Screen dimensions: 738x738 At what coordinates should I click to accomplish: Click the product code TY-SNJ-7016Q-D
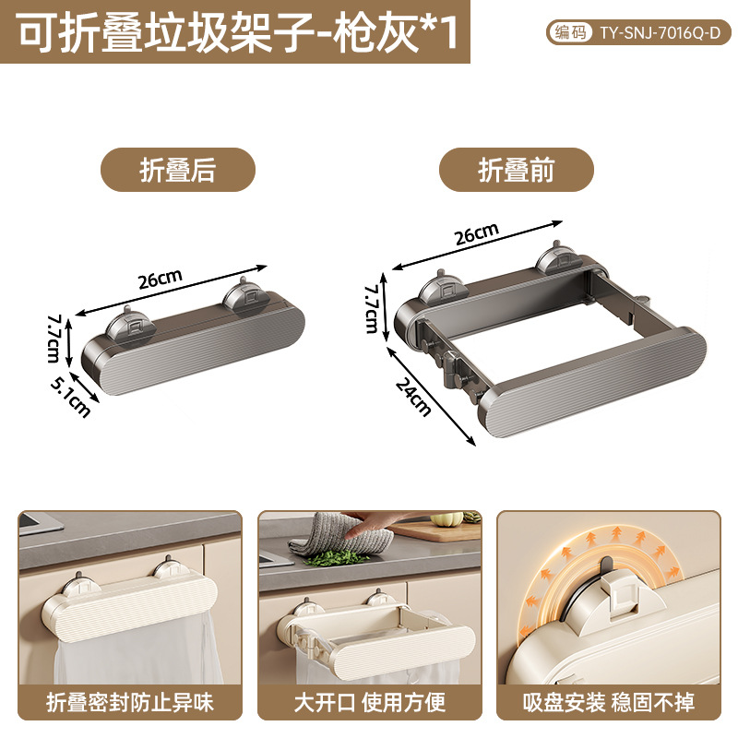660,32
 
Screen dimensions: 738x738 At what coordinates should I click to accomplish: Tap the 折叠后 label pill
178,170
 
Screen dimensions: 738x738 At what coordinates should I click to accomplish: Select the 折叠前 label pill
517,170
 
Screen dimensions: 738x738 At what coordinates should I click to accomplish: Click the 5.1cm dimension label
71,399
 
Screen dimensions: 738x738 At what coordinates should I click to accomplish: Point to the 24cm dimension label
413,398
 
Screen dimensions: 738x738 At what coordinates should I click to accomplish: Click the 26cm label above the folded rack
160,280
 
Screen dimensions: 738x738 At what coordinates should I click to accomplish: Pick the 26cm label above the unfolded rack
477,233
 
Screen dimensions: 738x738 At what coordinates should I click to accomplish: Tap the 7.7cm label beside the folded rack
54,339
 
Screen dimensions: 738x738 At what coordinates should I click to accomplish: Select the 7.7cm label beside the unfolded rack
373,309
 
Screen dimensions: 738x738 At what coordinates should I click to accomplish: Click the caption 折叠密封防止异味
130,703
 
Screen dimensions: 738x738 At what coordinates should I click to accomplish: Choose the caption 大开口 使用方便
370,703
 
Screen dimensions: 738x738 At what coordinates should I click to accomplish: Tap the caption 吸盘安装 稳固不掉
609,703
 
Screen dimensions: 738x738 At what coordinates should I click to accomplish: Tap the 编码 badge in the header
570,32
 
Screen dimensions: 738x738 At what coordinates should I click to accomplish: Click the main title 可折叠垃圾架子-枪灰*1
238,32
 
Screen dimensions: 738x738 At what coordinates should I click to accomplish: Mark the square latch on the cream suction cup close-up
625,597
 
